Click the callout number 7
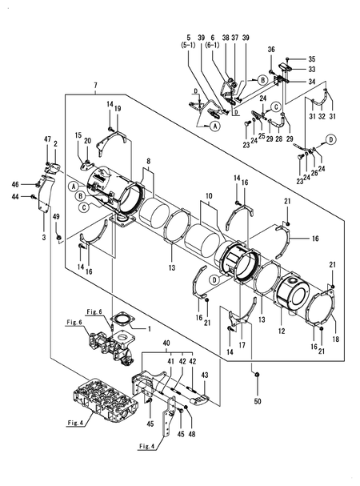click(94, 85)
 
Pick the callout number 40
click(166, 343)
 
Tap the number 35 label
click(312, 59)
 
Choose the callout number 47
click(47, 139)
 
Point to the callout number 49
click(56, 216)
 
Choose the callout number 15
click(78, 135)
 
